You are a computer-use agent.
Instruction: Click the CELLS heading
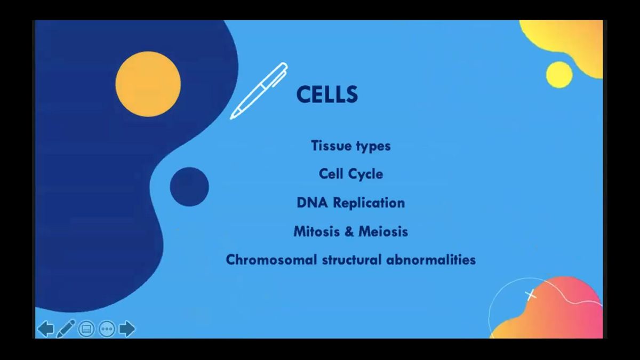pos(327,94)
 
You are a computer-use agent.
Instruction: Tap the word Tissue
pos(331,146)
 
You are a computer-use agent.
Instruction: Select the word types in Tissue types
pos(373,147)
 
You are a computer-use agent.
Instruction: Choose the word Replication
pos(369,203)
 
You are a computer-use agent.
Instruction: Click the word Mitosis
pos(317,231)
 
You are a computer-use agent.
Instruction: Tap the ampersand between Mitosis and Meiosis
pos(349,231)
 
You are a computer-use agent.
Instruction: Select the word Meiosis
pos(383,231)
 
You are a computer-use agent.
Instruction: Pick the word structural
pos(351,260)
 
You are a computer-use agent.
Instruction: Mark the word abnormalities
pos(431,260)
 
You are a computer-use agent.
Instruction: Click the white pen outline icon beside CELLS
pos(259,91)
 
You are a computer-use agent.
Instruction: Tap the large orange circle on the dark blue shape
pos(148,84)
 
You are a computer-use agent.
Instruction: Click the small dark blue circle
pos(189,187)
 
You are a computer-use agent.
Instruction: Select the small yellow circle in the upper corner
pos(559,75)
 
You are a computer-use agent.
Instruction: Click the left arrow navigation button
pos(46,329)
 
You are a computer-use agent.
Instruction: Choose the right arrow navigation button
pos(127,329)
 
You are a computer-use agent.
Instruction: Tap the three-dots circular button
pos(107,329)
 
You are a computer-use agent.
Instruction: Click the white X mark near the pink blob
pos(530,295)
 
